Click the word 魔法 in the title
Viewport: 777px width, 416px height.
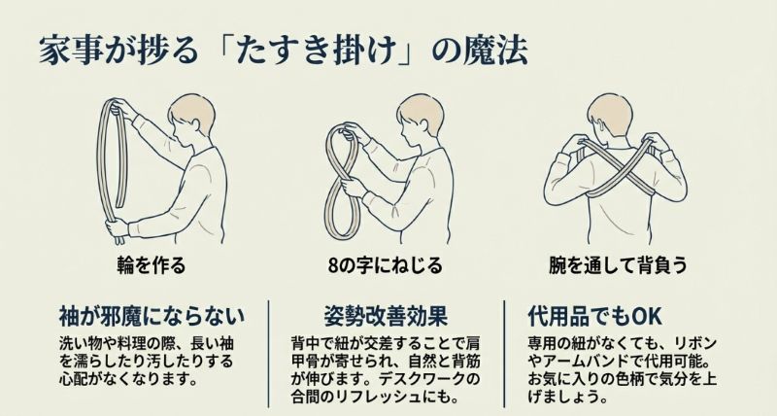pos(493,50)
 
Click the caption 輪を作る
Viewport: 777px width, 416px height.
pos(150,264)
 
